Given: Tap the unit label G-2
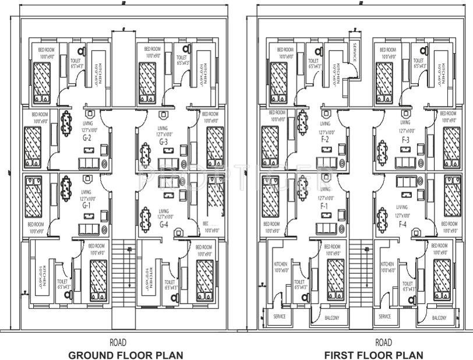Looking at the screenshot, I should coord(88,139).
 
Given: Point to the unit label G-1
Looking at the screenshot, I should coord(87,205).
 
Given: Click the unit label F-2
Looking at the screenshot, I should coord(324,140).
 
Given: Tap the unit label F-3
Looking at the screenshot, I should coord(405,140).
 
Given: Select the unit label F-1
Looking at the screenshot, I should coord(324,206).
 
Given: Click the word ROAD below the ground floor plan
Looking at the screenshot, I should coord(118,343).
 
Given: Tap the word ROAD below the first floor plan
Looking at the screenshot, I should coord(383,343).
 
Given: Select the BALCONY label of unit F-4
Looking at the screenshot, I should coord(439,318).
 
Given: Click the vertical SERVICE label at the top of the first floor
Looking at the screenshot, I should coord(353,52).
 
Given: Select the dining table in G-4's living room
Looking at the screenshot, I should coord(146,220).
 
